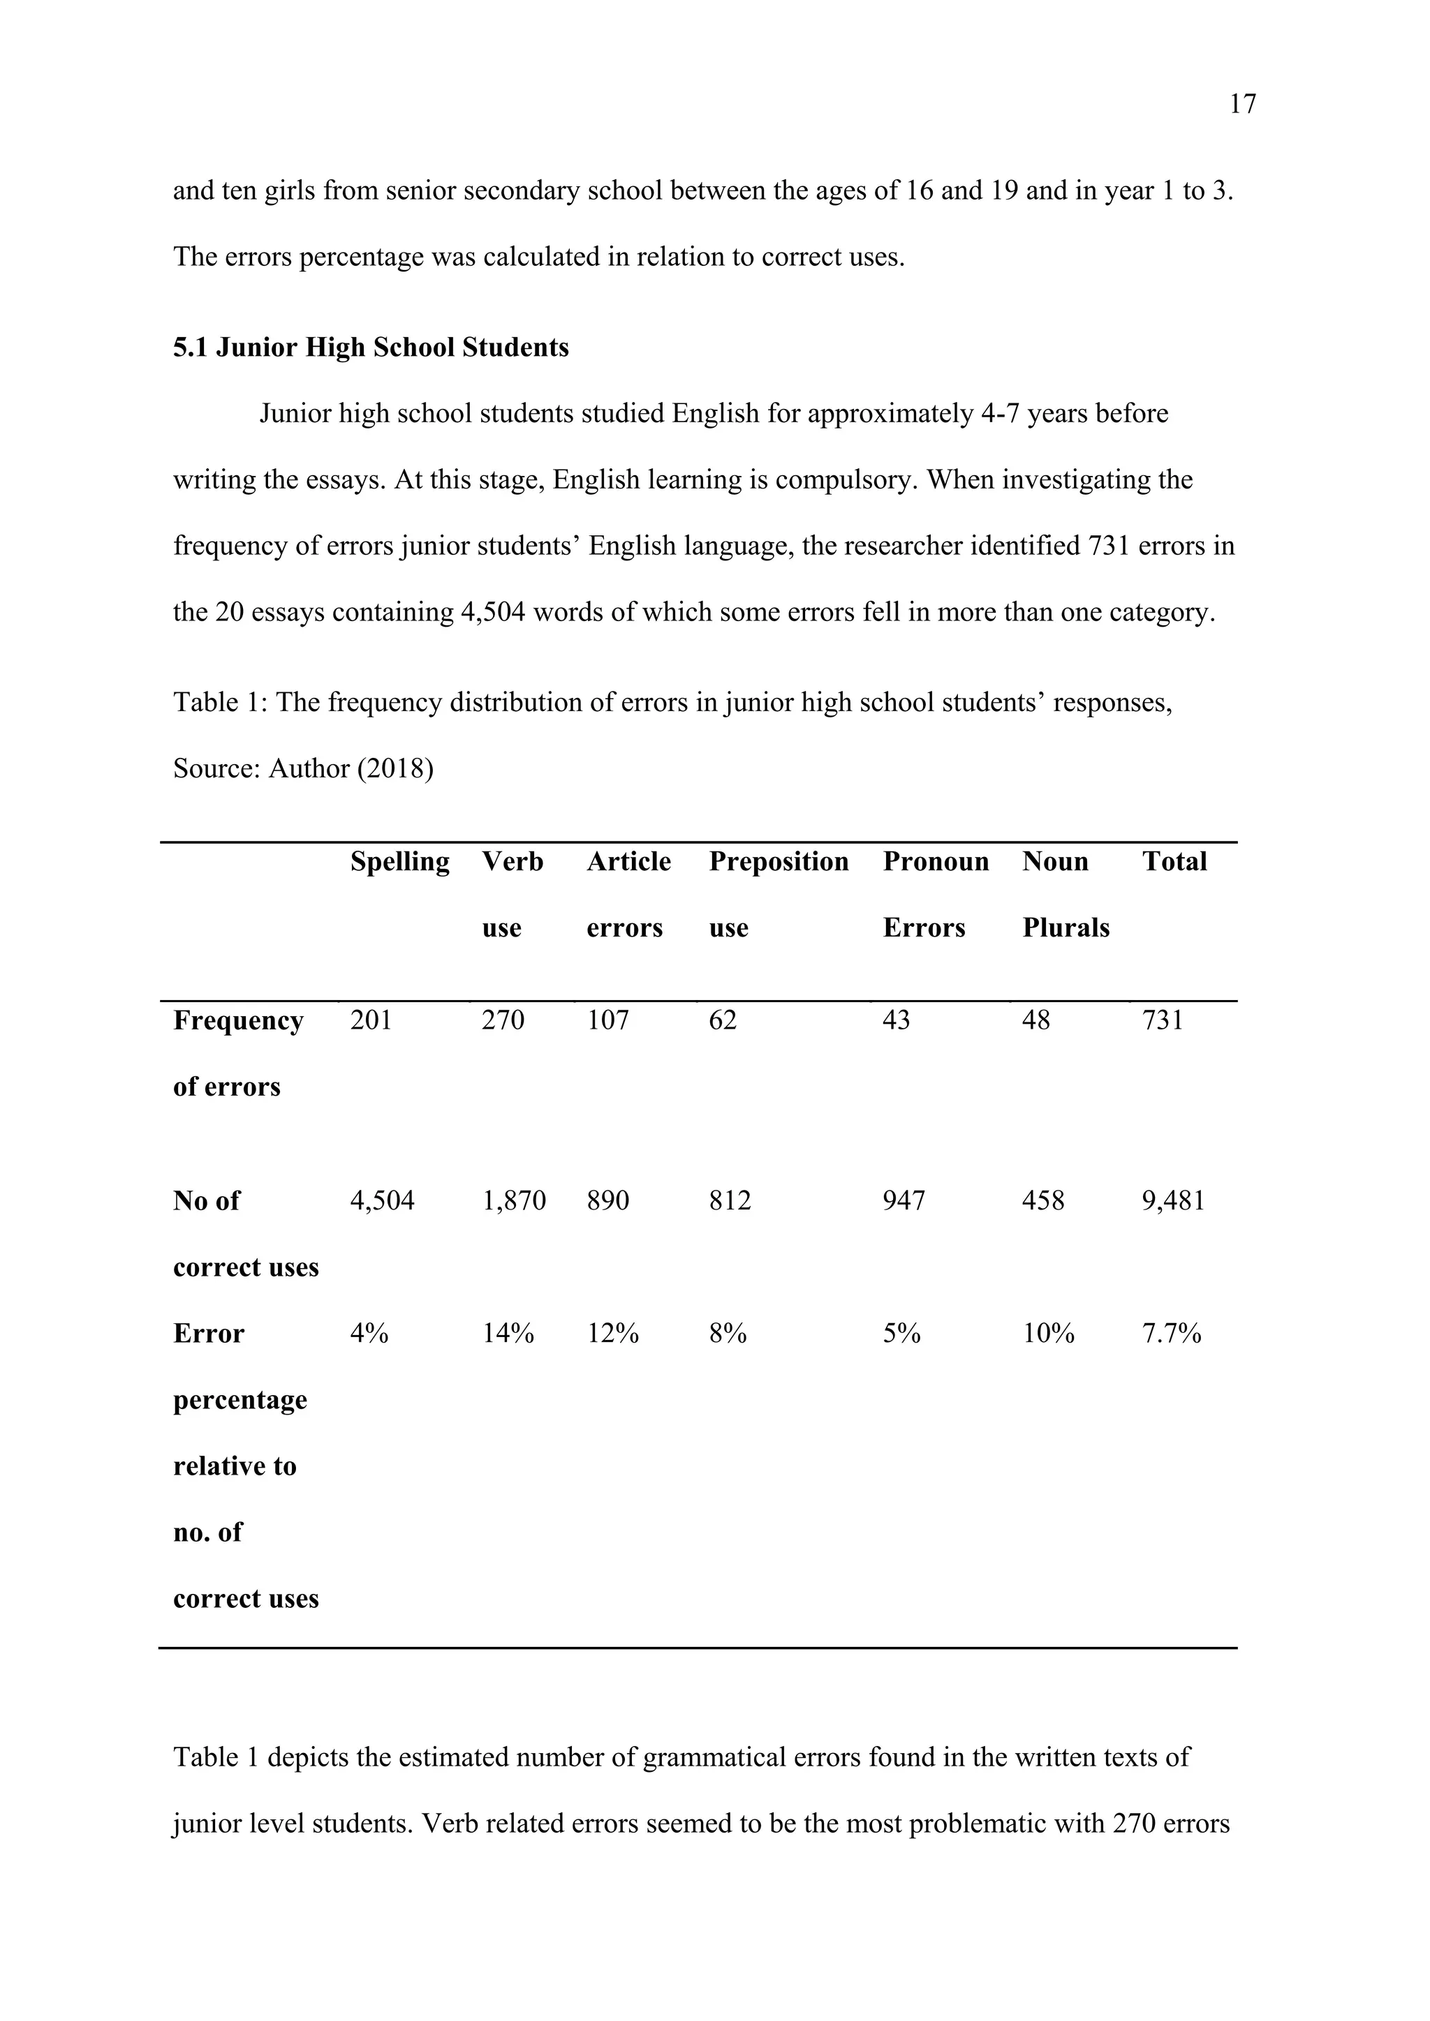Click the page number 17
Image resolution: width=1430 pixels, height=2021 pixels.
[1242, 105]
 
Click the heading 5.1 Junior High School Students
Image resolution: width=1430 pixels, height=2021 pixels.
[371, 348]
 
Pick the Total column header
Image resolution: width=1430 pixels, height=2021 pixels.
[1174, 861]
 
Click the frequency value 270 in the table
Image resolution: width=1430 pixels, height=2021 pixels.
[503, 1020]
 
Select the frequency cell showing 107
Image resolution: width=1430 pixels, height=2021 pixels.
[607, 1020]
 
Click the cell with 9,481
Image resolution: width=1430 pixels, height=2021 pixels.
[1173, 1200]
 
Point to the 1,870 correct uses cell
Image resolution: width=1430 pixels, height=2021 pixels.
[513, 1200]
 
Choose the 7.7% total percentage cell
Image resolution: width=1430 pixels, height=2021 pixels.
[1171, 1334]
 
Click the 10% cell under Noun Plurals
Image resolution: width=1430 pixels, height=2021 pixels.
[1048, 1334]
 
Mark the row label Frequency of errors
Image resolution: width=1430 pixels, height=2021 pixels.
[237, 1053]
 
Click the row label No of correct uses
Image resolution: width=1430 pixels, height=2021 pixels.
[245, 1233]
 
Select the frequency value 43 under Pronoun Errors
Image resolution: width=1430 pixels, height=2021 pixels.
[897, 1020]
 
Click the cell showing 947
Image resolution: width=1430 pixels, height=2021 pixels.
[904, 1200]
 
